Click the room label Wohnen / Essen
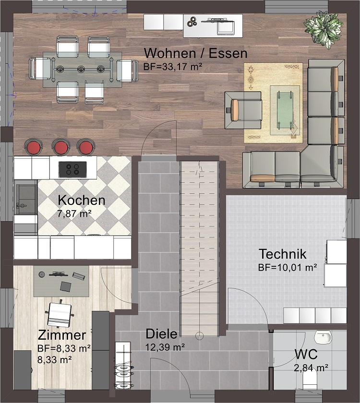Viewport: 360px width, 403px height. (195, 53)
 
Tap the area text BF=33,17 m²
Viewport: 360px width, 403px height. (172, 67)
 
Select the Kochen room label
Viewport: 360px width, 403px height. (82, 201)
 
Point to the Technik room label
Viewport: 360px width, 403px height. (283, 254)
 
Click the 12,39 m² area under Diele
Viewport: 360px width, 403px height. (165, 347)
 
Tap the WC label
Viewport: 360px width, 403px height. (306, 355)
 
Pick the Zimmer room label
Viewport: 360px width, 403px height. (62, 335)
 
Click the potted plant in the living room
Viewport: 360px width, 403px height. (324, 29)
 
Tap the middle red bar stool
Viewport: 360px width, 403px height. (61, 147)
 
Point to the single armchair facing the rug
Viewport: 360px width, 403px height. (243, 110)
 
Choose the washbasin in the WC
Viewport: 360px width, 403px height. (323, 337)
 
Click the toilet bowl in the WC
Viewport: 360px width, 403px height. (311, 380)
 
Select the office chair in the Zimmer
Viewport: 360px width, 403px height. (60, 314)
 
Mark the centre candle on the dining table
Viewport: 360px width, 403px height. (81, 69)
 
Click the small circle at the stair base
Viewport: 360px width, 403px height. (199, 336)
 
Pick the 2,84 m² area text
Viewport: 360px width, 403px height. (311, 368)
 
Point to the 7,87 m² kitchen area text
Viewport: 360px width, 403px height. (74, 213)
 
